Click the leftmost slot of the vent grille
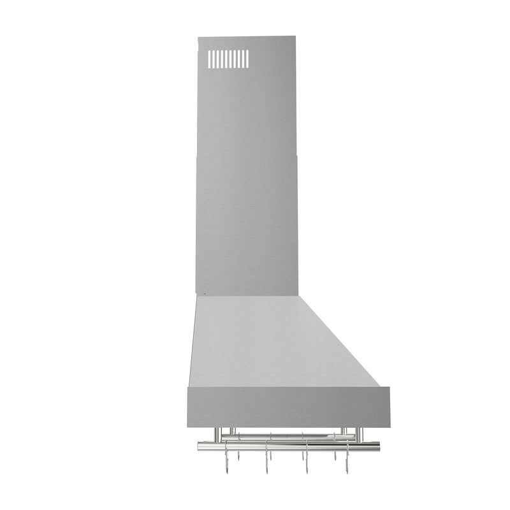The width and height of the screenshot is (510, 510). click(210, 59)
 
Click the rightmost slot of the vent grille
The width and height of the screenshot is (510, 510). click(247, 59)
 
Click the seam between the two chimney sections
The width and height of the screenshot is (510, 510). click(246, 154)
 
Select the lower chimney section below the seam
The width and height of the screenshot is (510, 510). click(246, 223)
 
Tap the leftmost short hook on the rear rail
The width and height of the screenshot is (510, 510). click(238, 455)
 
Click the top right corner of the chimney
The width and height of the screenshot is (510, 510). click(295, 37)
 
